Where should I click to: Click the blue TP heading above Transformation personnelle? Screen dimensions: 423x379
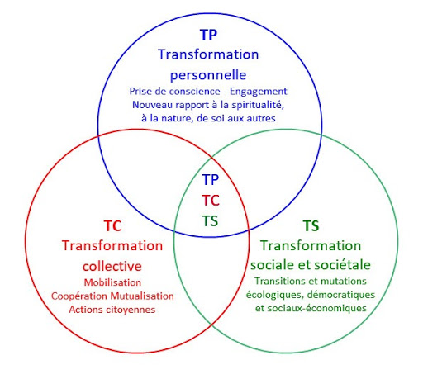pyautogui.click(x=208, y=35)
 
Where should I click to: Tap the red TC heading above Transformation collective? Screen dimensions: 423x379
pyautogui.click(x=112, y=226)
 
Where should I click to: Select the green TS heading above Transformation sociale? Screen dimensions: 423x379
pyautogui.click(x=311, y=226)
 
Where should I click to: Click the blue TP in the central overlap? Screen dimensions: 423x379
pyautogui.click(x=211, y=179)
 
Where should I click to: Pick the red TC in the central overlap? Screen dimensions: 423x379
pyautogui.click(x=211, y=201)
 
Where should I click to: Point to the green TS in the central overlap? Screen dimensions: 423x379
pyautogui.click(x=210, y=221)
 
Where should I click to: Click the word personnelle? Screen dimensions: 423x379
pyautogui.click(x=208, y=75)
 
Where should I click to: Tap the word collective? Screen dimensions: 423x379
pyautogui.click(x=112, y=266)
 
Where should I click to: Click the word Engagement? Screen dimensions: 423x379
pyautogui.click(x=259, y=92)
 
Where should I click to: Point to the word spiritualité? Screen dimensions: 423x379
pyautogui.click(x=258, y=105)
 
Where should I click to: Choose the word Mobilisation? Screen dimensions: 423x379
pyautogui.click(x=112, y=282)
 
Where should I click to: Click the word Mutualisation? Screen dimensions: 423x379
pyautogui.click(x=142, y=296)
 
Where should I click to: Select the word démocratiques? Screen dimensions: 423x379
pyautogui.click(x=341, y=295)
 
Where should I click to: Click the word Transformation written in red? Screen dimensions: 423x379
pyautogui.click(x=112, y=246)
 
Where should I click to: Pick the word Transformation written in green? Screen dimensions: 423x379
pyautogui.click(x=311, y=245)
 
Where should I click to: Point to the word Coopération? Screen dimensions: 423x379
pyautogui.click(x=79, y=296)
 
